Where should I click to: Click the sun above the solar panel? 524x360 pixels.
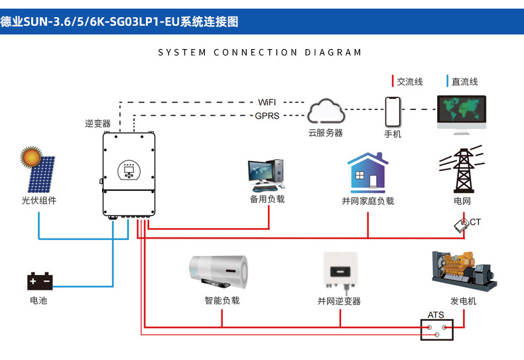click(31, 157)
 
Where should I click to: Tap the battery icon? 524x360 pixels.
click(39, 281)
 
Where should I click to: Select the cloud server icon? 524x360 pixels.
click(325, 111)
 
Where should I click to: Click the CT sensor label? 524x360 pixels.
click(475, 221)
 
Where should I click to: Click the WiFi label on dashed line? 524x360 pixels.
click(267, 102)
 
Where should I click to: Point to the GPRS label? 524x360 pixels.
click(267, 115)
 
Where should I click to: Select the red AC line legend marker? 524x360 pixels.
click(392, 82)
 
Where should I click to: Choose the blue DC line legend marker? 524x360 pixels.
click(446, 82)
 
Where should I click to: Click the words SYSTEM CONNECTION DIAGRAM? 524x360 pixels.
click(260, 52)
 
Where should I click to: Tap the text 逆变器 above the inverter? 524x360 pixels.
click(98, 123)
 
